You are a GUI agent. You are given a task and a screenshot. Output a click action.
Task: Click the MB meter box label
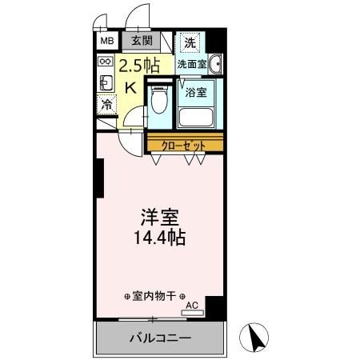pyautogui.click(x=106, y=40)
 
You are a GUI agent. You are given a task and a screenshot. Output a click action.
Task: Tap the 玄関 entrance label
pyautogui.click(x=142, y=40)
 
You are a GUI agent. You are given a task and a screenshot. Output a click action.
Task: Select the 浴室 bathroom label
pyautogui.click(x=196, y=92)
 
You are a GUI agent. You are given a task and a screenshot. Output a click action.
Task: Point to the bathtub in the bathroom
pyautogui.click(x=197, y=117)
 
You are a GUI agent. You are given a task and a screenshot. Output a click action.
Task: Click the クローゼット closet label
pyautogui.click(x=183, y=145)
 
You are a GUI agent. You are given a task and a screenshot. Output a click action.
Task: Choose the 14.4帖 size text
pyautogui.click(x=159, y=238)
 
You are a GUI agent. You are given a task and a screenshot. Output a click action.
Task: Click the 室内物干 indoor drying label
pyautogui.click(x=155, y=294)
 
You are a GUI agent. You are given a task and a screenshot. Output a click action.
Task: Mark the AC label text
pyautogui.click(x=191, y=306)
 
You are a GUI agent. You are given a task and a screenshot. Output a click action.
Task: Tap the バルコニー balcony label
pyautogui.click(x=160, y=338)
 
